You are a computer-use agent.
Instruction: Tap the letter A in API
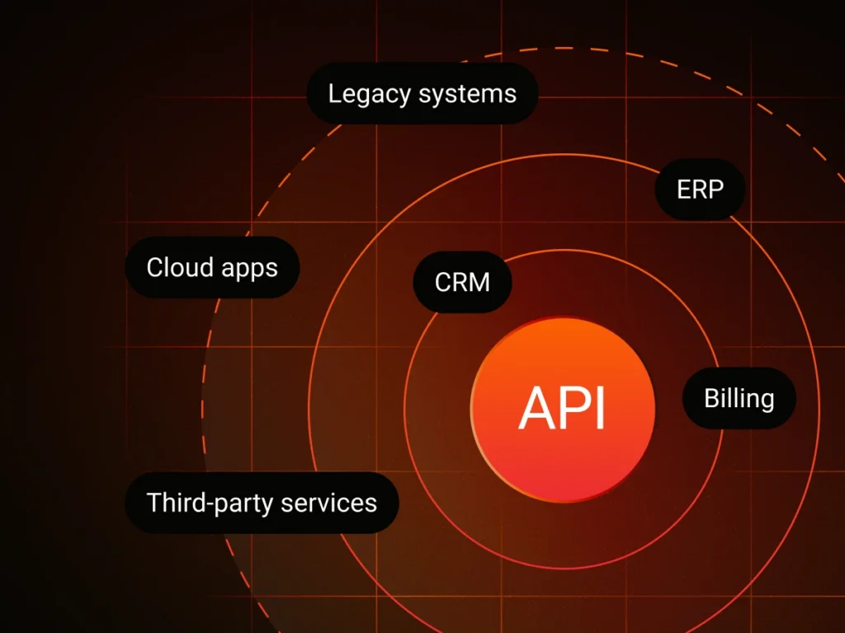point(535,407)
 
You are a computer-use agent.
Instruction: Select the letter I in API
point(601,407)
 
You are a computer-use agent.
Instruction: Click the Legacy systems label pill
point(422,94)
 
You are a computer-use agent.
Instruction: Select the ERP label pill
point(700,190)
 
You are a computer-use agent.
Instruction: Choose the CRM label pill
point(462,282)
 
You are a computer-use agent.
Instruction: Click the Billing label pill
point(739,398)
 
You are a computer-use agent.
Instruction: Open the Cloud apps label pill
point(212,267)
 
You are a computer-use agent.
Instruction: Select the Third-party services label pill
point(262,502)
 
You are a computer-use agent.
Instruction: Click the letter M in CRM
point(479,282)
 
